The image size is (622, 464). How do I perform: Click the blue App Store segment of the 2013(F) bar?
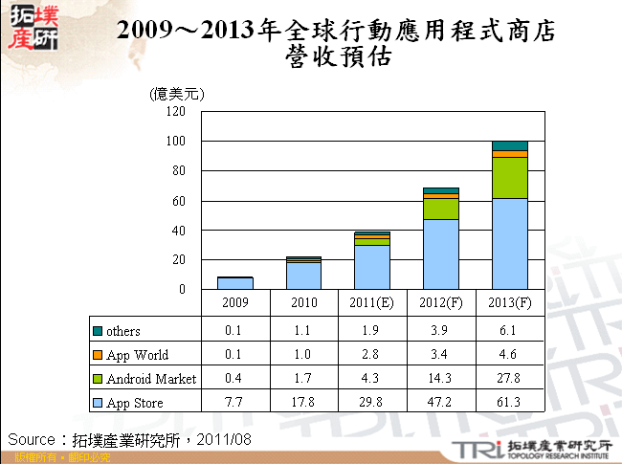[x=510, y=243]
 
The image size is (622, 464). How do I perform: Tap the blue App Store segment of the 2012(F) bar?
[x=441, y=254]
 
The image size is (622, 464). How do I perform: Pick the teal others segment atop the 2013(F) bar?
[x=510, y=145]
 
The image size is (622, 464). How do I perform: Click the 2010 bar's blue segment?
[x=303, y=276]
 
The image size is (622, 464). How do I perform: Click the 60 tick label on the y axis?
[x=177, y=201]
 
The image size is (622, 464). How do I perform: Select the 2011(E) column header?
[x=372, y=303]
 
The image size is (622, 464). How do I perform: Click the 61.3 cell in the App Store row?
[x=510, y=403]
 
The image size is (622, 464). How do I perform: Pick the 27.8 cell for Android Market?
[x=510, y=379]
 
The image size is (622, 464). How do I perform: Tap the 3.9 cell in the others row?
[x=441, y=331]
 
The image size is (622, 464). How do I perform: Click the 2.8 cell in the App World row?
[x=372, y=355]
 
